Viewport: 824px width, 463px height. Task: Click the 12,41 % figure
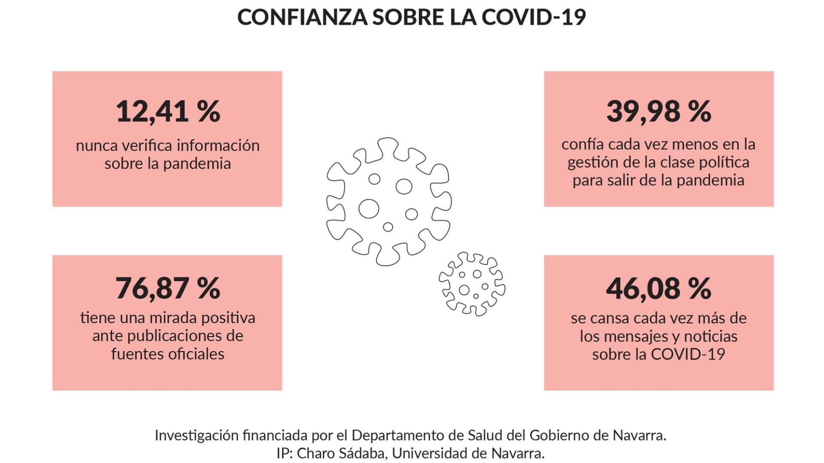click(168, 111)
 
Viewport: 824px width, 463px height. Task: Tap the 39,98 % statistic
click(658, 111)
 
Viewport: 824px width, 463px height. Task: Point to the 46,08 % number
click(658, 288)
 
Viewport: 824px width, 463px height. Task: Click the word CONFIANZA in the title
click(302, 18)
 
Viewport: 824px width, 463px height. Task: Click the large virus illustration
click(388, 201)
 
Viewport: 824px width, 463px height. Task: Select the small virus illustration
click(472, 284)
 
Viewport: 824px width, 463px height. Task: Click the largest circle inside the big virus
click(369, 209)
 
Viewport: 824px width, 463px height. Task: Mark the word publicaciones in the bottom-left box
click(168, 336)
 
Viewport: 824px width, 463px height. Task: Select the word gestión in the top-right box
click(589, 162)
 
